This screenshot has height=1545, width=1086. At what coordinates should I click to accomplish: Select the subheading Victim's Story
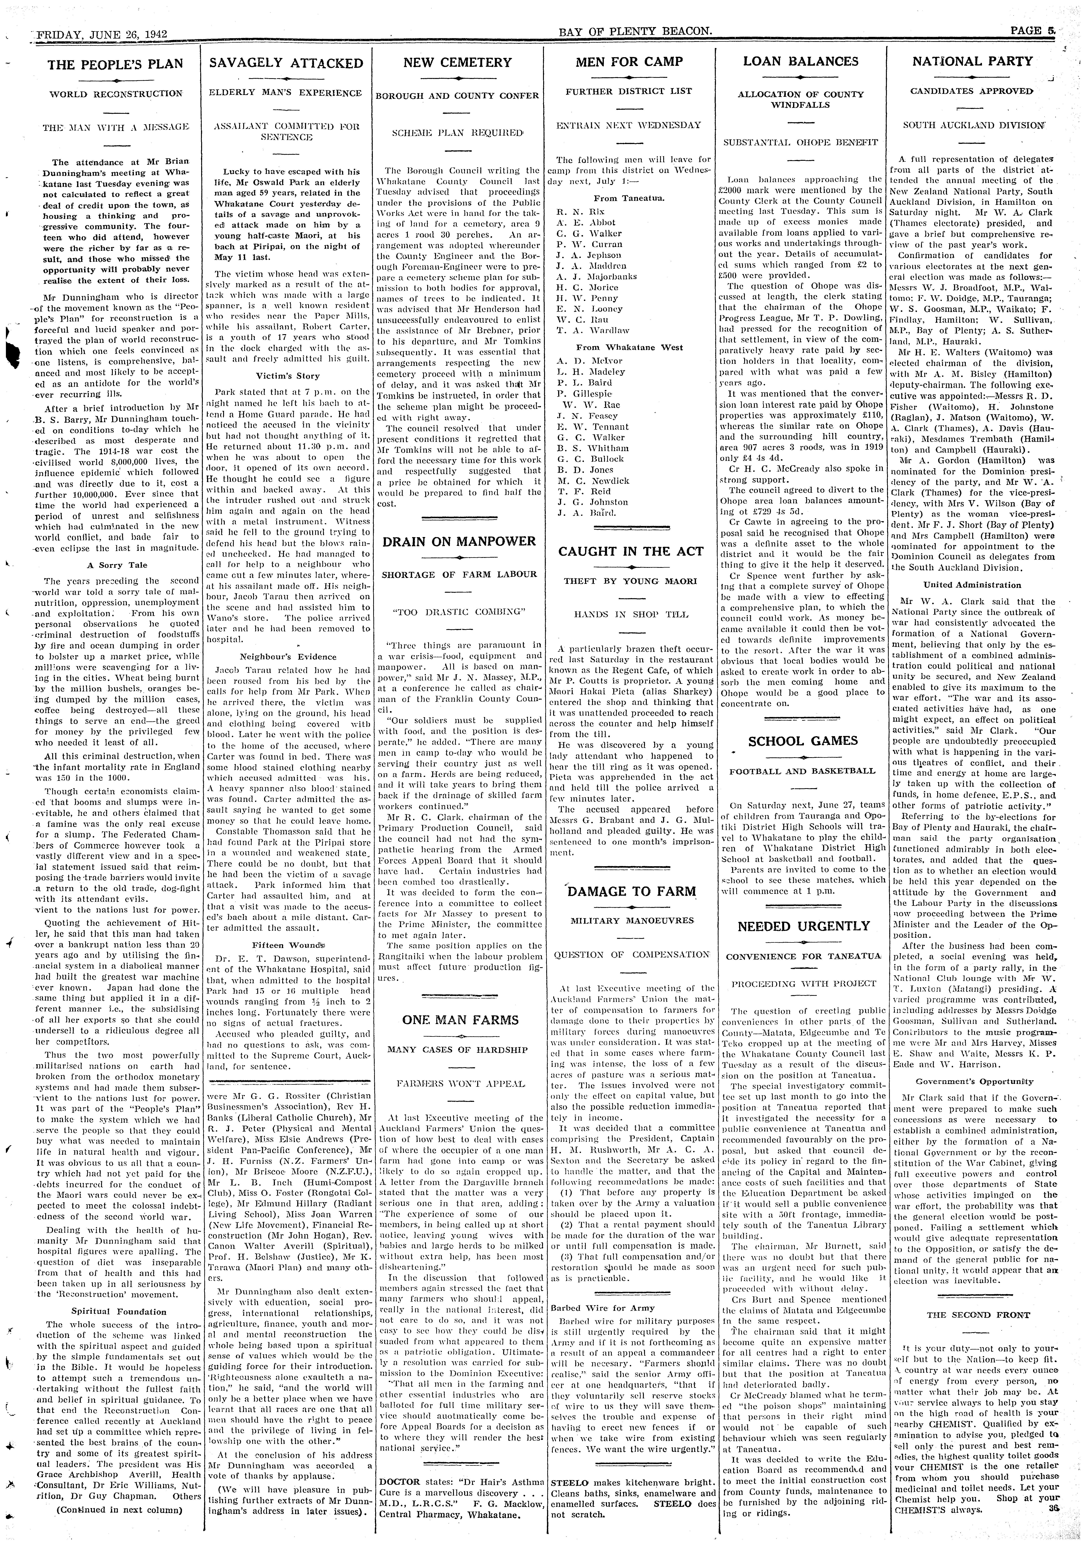(x=287, y=375)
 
